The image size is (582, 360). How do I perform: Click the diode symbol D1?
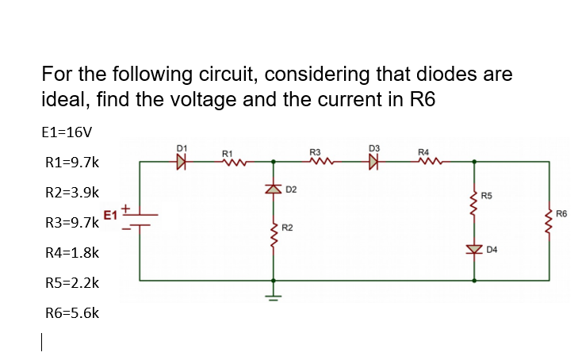(182, 162)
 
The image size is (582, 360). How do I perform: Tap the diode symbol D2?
(274, 189)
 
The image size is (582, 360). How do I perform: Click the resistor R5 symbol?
(474, 203)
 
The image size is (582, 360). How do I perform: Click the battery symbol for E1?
(140, 220)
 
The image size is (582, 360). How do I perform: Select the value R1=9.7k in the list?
(71, 162)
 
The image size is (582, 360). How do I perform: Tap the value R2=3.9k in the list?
(71, 192)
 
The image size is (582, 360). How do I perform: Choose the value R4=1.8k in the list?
(71, 252)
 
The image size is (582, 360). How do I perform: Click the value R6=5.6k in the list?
(71, 312)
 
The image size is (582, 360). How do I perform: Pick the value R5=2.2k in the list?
(71, 282)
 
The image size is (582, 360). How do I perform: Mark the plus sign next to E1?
(125, 206)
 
